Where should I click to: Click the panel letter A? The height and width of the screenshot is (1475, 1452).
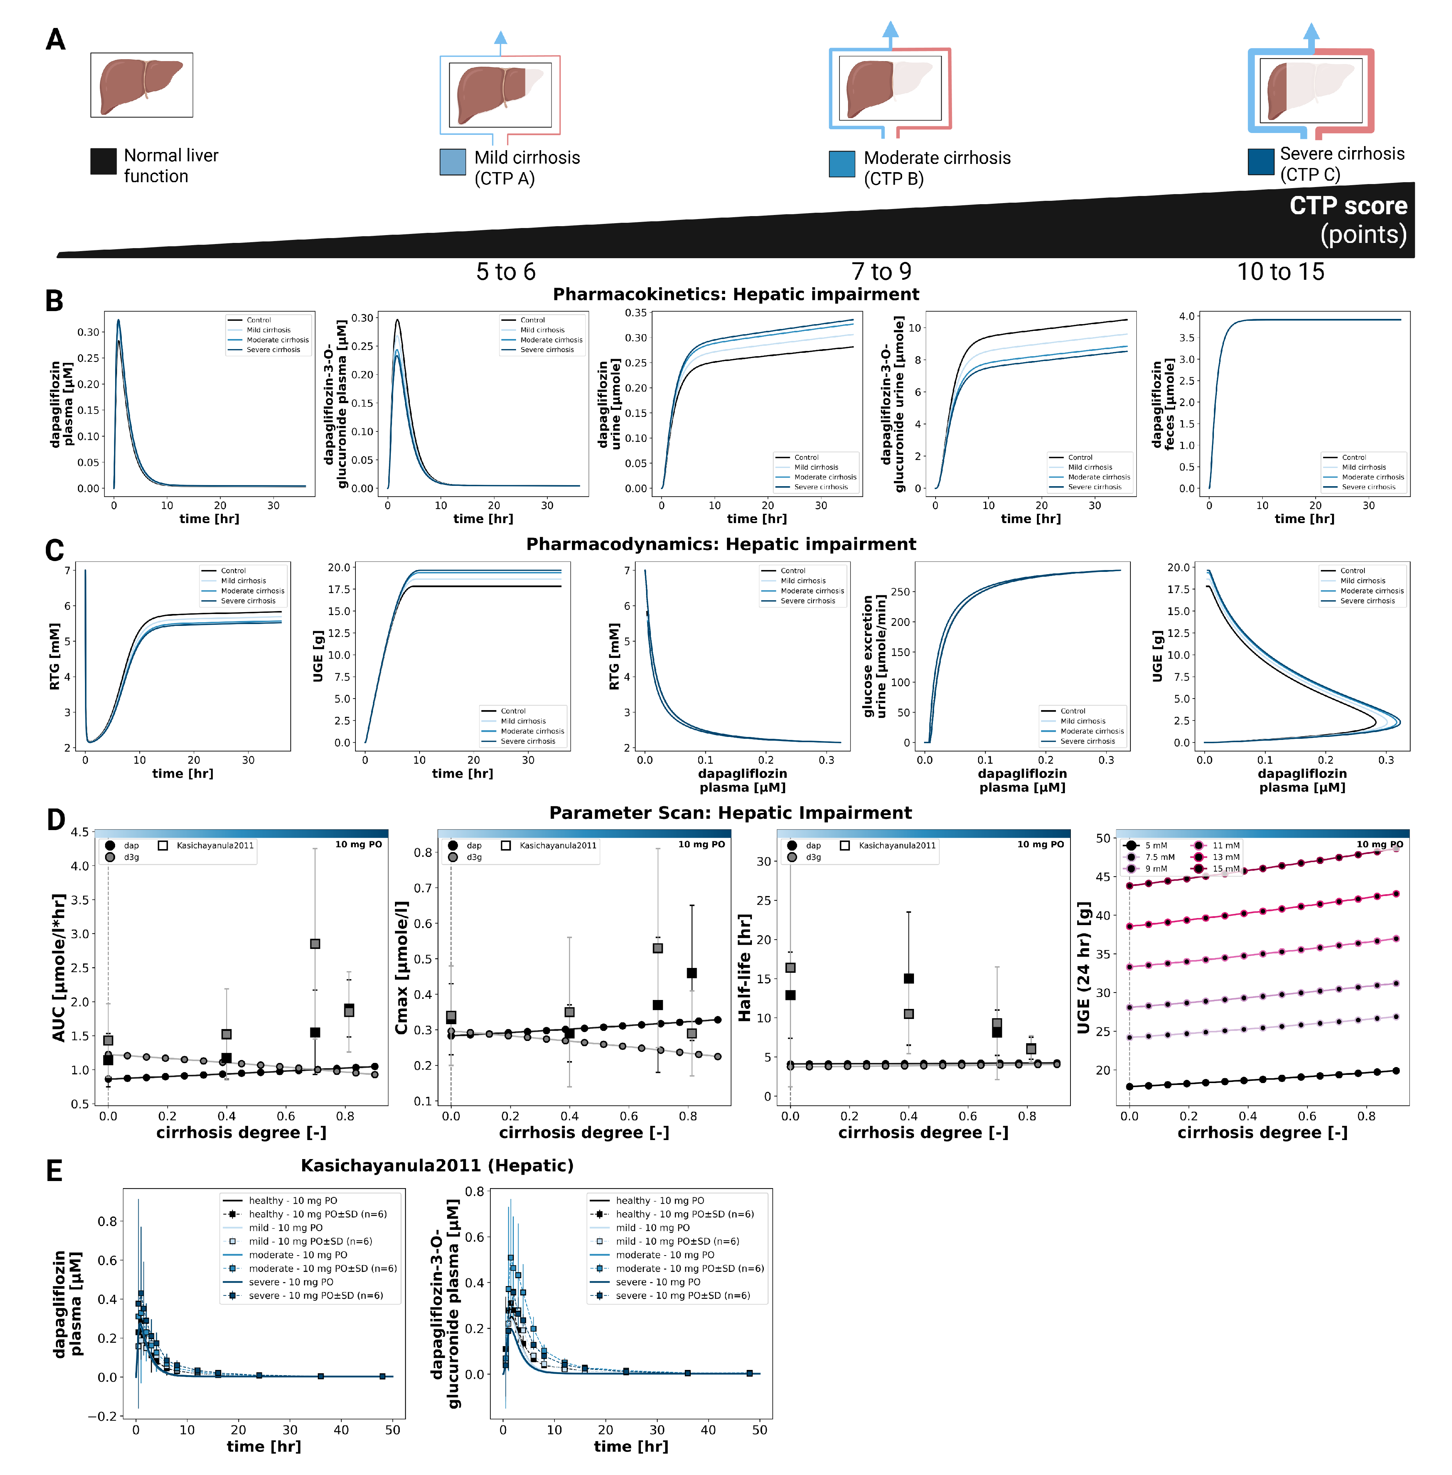tap(55, 39)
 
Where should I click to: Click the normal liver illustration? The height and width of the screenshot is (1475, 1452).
tap(141, 85)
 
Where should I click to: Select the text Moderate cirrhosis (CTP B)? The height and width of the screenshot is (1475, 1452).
tap(936, 168)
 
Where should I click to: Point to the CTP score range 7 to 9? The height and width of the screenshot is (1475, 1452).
tap(881, 272)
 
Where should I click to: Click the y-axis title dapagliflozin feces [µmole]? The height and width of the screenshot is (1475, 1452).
tap(1163, 404)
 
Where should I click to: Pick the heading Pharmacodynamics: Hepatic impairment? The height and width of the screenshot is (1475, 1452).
tap(721, 544)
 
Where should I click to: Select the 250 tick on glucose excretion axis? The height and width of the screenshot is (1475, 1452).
tap(901, 592)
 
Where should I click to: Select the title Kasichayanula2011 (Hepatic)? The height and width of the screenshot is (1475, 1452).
tap(437, 1165)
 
